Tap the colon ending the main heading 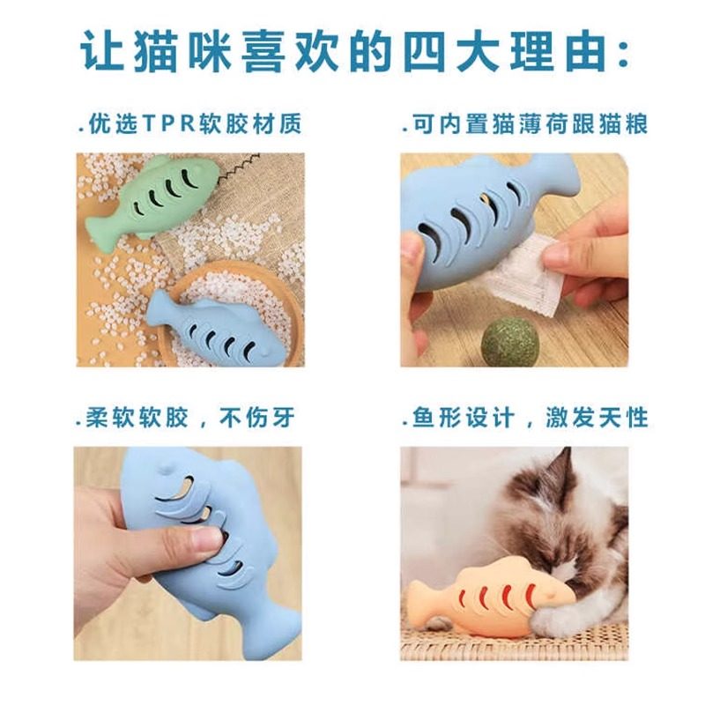[621, 55]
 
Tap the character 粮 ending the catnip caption [635, 124]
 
